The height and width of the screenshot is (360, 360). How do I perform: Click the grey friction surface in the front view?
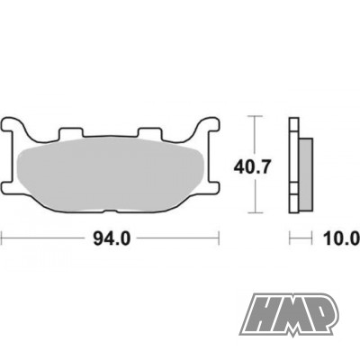click(x=112, y=171)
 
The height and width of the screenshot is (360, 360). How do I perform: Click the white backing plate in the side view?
click(x=294, y=166)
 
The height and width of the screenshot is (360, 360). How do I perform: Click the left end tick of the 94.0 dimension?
click(x=3, y=238)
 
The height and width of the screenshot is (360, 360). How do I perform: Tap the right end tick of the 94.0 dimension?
click(x=220, y=238)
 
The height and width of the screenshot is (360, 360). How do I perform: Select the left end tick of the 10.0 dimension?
click(x=290, y=238)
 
